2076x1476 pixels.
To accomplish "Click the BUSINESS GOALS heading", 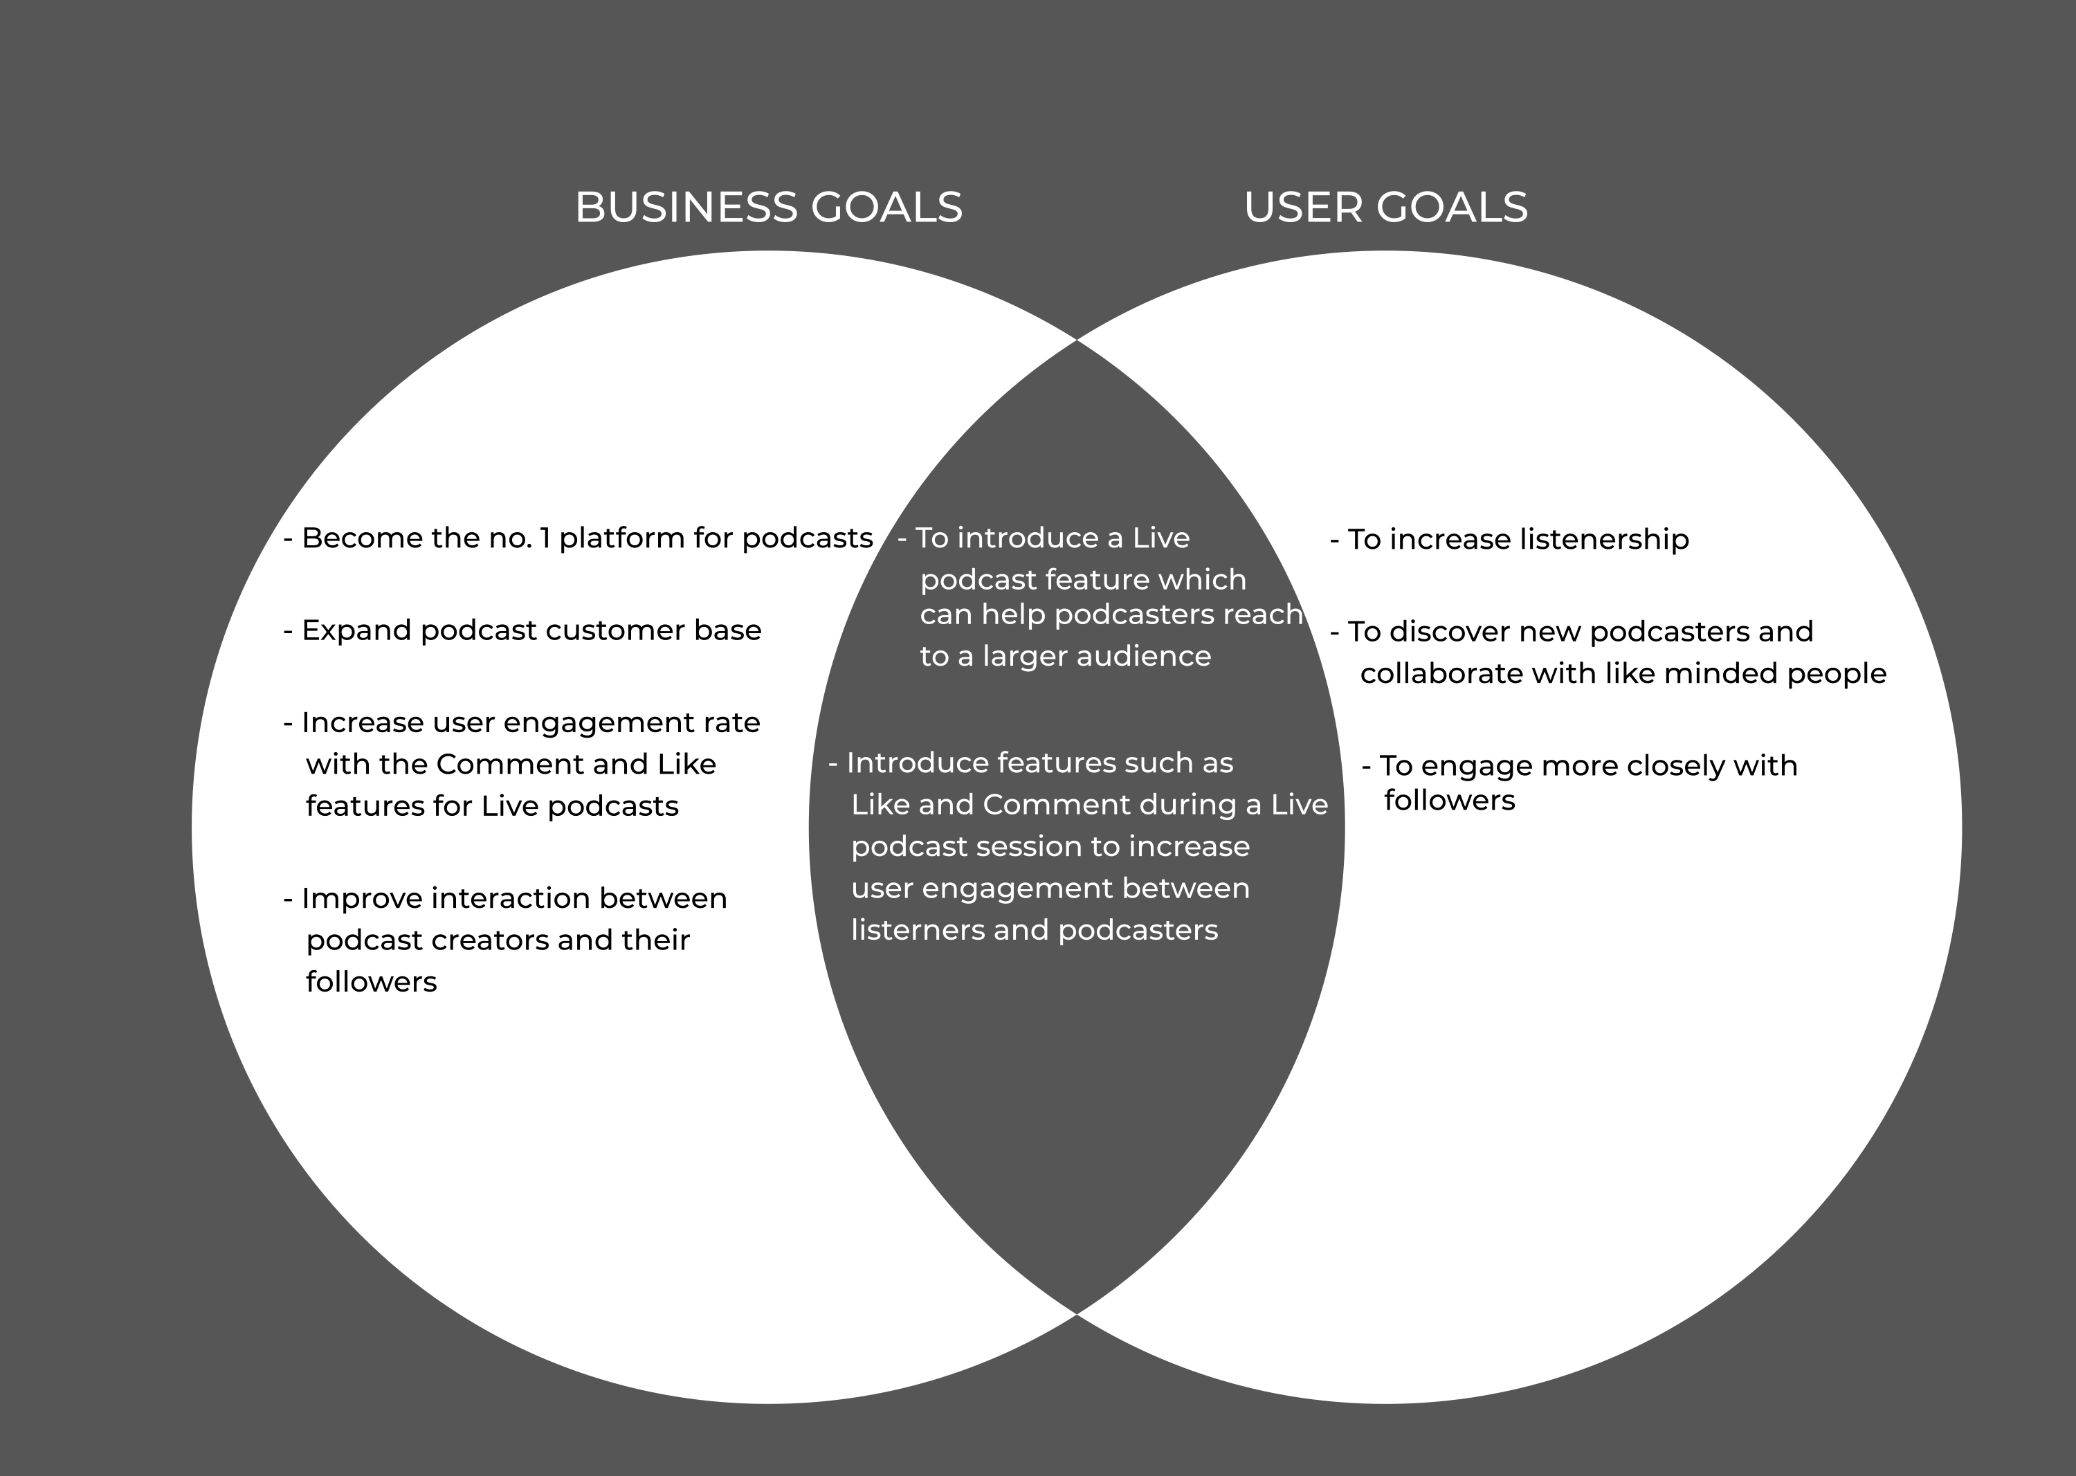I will [x=768, y=207].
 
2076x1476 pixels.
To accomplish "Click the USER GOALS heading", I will [x=1385, y=207].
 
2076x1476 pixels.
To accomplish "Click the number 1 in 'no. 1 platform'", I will [x=545, y=539].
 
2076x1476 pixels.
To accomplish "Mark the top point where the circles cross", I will [x=1077, y=340].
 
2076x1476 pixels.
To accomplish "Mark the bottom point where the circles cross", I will [x=1077, y=1314].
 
